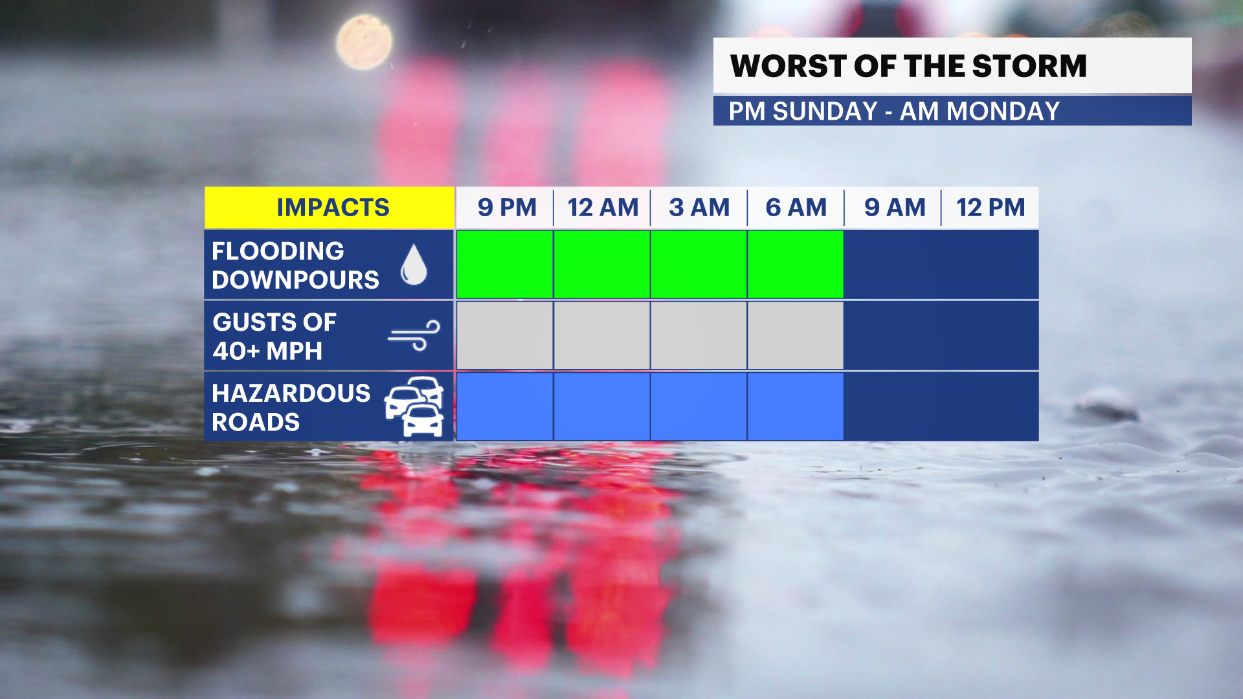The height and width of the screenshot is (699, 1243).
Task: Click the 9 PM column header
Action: (x=507, y=208)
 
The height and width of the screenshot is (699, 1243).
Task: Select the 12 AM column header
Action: (x=603, y=208)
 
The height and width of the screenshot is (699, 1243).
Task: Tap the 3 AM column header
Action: (x=699, y=208)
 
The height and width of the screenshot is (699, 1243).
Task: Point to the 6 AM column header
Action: (x=796, y=208)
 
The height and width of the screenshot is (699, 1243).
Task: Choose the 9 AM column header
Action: (x=894, y=208)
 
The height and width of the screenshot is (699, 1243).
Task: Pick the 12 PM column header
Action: (x=991, y=208)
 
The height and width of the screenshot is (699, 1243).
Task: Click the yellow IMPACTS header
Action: (x=332, y=208)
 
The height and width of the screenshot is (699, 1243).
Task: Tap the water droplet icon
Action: (x=414, y=265)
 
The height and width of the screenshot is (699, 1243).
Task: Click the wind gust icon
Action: (x=414, y=335)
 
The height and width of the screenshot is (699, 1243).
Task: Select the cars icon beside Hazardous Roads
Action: (x=415, y=406)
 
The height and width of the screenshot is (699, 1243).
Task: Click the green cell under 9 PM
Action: (x=505, y=264)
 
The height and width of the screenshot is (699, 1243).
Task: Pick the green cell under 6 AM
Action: (x=796, y=264)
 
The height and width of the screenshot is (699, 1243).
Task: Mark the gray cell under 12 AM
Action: (x=602, y=335)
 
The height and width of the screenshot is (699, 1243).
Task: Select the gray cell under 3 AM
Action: (x=699, y=335)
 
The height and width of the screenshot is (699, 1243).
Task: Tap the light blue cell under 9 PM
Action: (x=505, y=406)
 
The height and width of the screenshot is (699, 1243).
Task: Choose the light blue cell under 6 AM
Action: (x=796, y=406)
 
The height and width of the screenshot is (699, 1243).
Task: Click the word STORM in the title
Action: (x=1029, y=66)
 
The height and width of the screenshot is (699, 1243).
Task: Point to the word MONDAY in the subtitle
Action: (x=1003, y=111)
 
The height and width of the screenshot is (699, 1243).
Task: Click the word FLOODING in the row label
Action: (x=278, y=251)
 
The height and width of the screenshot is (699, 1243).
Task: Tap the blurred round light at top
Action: (x=364, y=42)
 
